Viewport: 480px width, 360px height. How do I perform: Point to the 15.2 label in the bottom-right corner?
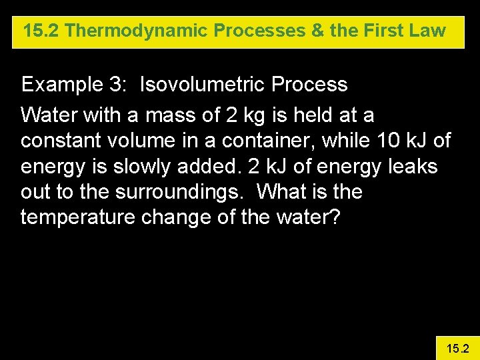(457, 348)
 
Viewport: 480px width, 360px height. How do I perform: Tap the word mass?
(167, 116)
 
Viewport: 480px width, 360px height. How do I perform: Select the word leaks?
(413, 167)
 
